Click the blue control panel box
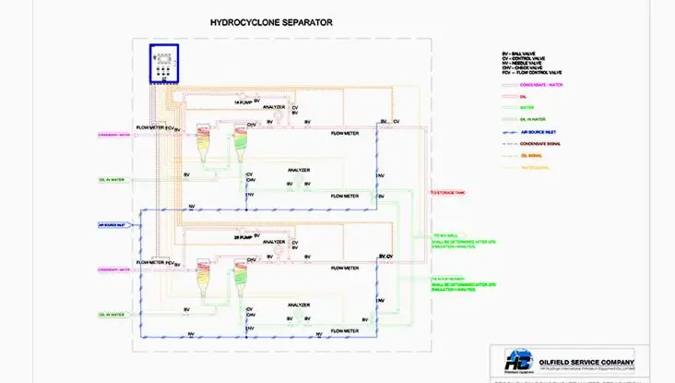(163, 63)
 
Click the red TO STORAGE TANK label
(447, 193)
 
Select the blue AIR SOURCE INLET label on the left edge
(112, 223)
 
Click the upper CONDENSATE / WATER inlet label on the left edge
(112, 135)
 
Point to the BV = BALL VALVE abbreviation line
(516, 54)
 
